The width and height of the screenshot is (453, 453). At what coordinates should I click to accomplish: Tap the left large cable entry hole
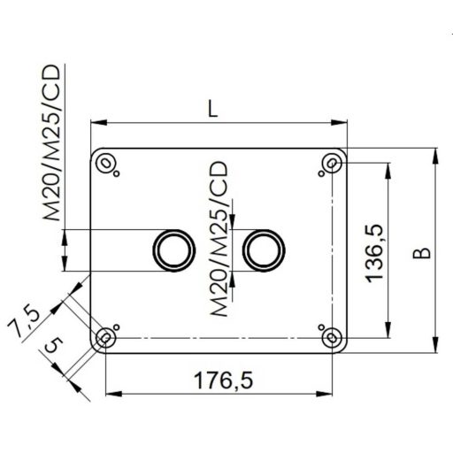pos(171,250)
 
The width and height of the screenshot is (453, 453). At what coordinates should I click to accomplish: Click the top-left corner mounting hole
pos(106,163)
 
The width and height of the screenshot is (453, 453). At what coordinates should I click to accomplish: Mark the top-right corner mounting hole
pos(332,163)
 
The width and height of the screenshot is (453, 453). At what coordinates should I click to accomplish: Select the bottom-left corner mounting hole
pos(105,336)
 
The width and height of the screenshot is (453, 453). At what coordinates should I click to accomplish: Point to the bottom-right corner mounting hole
pos(332,336)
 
